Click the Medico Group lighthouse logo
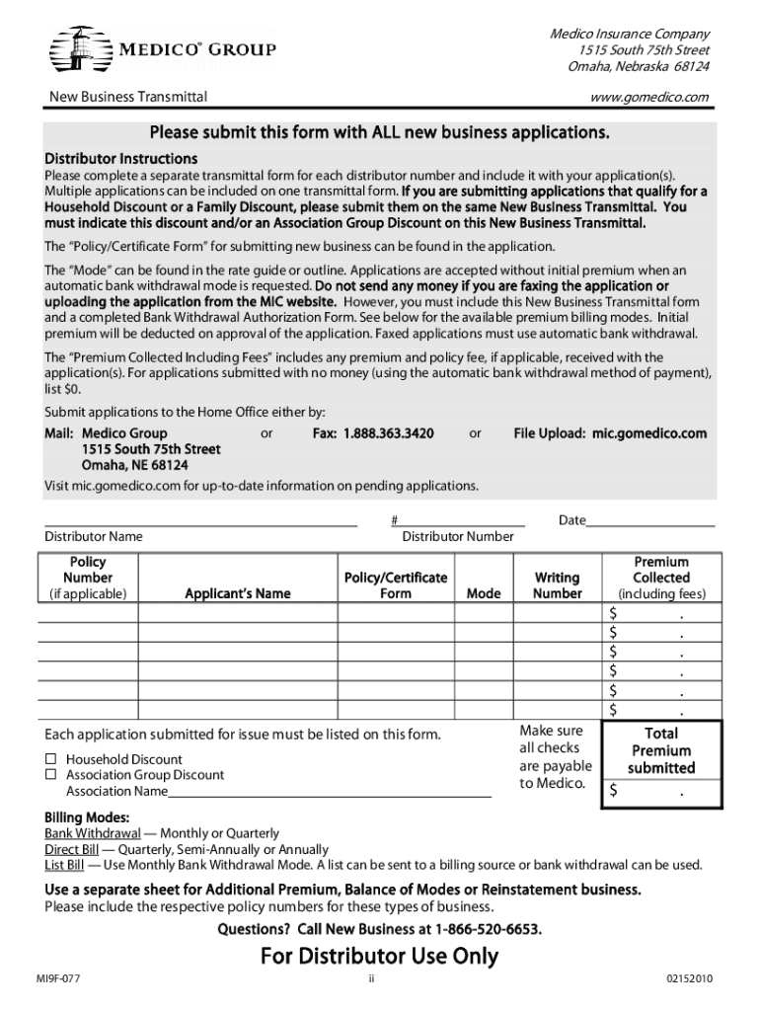pos(78,48)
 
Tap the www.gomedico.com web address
pos(649,97)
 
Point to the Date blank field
pos(650,519)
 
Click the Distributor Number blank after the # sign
pos(462,519)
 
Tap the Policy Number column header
pos(88,578)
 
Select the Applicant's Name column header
pos(238,593)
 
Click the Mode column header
pos(484,593)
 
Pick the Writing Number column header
pos(557,585)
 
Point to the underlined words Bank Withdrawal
pos(93,833)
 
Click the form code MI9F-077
pos(57,978)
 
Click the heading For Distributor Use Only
pos(380,956)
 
